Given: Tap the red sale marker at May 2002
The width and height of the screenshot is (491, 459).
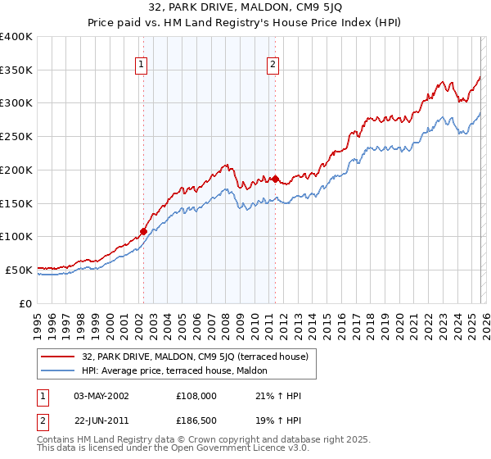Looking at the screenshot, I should (143, 231).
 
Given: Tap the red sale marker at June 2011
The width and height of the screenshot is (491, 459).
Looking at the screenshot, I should (275, 179).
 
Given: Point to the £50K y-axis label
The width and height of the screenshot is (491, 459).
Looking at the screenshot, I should (19, 269).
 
